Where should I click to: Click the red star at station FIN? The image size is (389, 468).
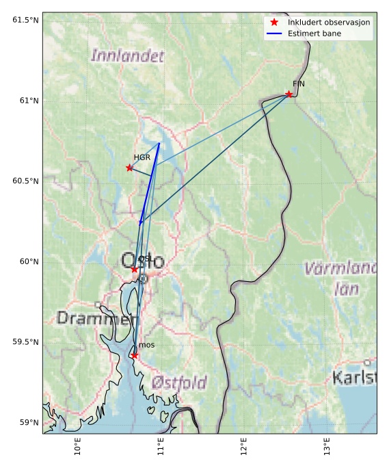click(289, 94)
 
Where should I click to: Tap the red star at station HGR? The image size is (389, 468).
click(130, 168)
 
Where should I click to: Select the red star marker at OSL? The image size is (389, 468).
click(135, 270)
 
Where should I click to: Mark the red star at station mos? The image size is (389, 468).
click(134, 355)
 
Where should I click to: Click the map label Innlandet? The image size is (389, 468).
click(127, 55)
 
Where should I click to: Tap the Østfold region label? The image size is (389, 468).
click(179, 382)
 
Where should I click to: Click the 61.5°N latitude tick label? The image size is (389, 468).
click(25, 20)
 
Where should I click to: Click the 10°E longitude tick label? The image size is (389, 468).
click(78, 449)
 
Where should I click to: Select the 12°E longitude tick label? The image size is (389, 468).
click(244, 449)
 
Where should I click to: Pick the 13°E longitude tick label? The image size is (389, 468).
click(327, 449)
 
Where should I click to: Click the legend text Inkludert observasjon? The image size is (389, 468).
click(329, 23)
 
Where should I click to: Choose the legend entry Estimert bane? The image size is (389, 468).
click(315, 34)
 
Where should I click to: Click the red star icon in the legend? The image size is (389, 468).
click(274, 23)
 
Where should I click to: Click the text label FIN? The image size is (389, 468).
click(299, 84)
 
